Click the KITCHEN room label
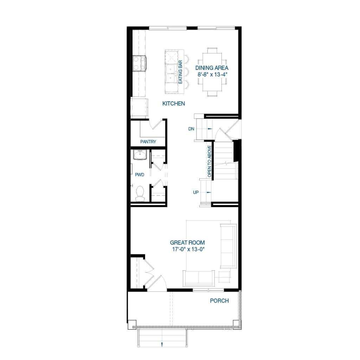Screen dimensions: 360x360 174,104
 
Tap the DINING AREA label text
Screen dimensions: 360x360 212,68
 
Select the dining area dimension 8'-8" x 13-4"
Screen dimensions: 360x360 212,75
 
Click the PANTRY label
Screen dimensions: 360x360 148,142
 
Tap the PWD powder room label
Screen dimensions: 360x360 140,174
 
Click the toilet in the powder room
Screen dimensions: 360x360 140,193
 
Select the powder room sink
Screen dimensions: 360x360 140,155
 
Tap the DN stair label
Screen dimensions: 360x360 191,129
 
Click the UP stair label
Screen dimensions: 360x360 196,192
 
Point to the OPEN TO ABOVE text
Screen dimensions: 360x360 210,161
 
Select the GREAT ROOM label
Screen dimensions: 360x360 187,243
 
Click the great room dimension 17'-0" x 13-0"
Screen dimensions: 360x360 187,249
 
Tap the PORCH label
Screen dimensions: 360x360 219,301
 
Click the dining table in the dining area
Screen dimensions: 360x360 212,72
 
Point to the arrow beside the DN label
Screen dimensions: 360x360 210,129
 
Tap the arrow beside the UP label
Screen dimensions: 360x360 210,192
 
